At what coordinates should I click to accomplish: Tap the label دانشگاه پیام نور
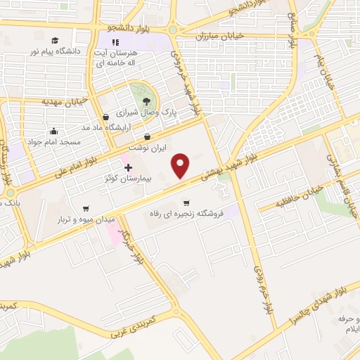(x=54, y=52)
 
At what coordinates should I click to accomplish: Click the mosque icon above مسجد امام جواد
(x=54, y=131)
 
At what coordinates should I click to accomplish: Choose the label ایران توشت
(x=147, y=148)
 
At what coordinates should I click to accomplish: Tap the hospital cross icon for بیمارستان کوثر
(x=128, y=167)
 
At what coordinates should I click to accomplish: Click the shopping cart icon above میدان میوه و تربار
(x=86, y=208)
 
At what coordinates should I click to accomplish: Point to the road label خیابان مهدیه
(x=64, y=101)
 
